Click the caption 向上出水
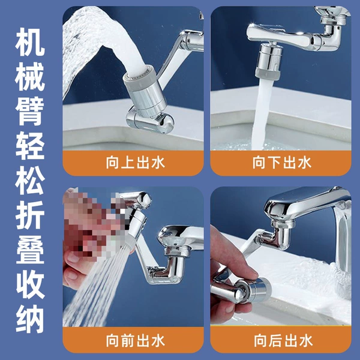[136, 163]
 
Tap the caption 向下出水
[282, 163]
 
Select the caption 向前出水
[136, 340]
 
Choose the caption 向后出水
[283, 340]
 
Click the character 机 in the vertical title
[30, 42]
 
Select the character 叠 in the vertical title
[30, 250]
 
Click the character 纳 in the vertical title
[30, 319]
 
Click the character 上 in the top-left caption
[128, 163]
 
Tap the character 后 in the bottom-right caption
[276, 340]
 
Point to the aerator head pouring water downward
[269, 61]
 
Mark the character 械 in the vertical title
[30, 77]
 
